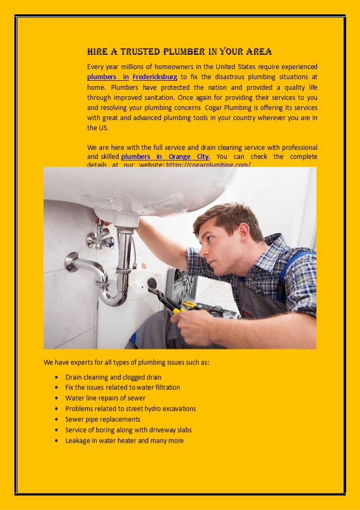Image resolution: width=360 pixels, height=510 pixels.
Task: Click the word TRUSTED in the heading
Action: pyautogui.click(x=141, y=52)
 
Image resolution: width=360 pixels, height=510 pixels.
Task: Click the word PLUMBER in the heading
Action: pyautogui.click(x=184, y=52)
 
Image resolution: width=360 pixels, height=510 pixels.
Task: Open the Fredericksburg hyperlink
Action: pyautogui.click(x=155, y=77)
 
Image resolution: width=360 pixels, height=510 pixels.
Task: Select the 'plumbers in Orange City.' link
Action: pyautogui.click(x=165, y=157)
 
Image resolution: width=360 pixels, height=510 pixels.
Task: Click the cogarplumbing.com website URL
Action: pyautogui.click(x=208, y=165)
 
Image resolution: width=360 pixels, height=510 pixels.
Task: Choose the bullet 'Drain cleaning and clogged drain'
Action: pyautogui.click(x=113, y=377)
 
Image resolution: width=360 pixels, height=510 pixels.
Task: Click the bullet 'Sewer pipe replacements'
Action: pyautogui.click(x=102, y=419)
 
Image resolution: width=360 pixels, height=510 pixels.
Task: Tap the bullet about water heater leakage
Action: pyautogui.click(x=124, y=440)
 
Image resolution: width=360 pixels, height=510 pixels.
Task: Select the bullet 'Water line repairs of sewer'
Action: pyautogui.click(x=105, y=398)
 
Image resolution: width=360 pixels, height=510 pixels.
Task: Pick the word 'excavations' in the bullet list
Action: pyautogui.click(x=178, y=409)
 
